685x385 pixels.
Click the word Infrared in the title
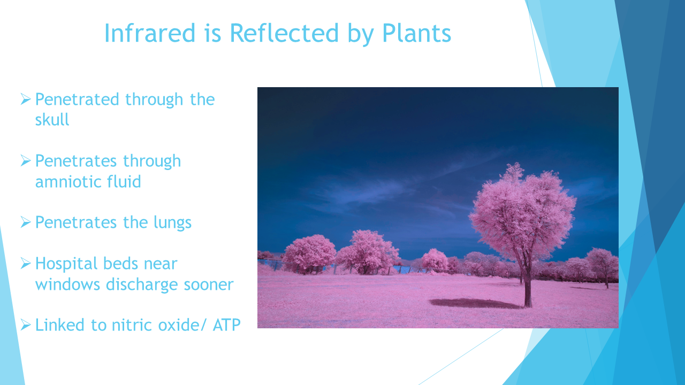(x=149, y=33)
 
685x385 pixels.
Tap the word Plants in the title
(x=417, y=34)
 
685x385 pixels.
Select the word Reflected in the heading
(x=284, y=33)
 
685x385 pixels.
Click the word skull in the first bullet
(x=52, y=119)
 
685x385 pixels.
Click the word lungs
(x=172, y=223)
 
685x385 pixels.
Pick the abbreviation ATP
(x=226, y=325)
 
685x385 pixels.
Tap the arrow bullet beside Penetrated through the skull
(x=26, y=99)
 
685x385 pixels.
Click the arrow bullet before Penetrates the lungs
(x=26, y=222)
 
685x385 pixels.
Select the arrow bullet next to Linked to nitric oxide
(x=26, y=325)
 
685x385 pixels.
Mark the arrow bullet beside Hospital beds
(x=26, y=263)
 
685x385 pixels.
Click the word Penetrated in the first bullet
(x=77, y=99)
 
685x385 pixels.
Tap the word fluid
(x=124, y=181)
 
